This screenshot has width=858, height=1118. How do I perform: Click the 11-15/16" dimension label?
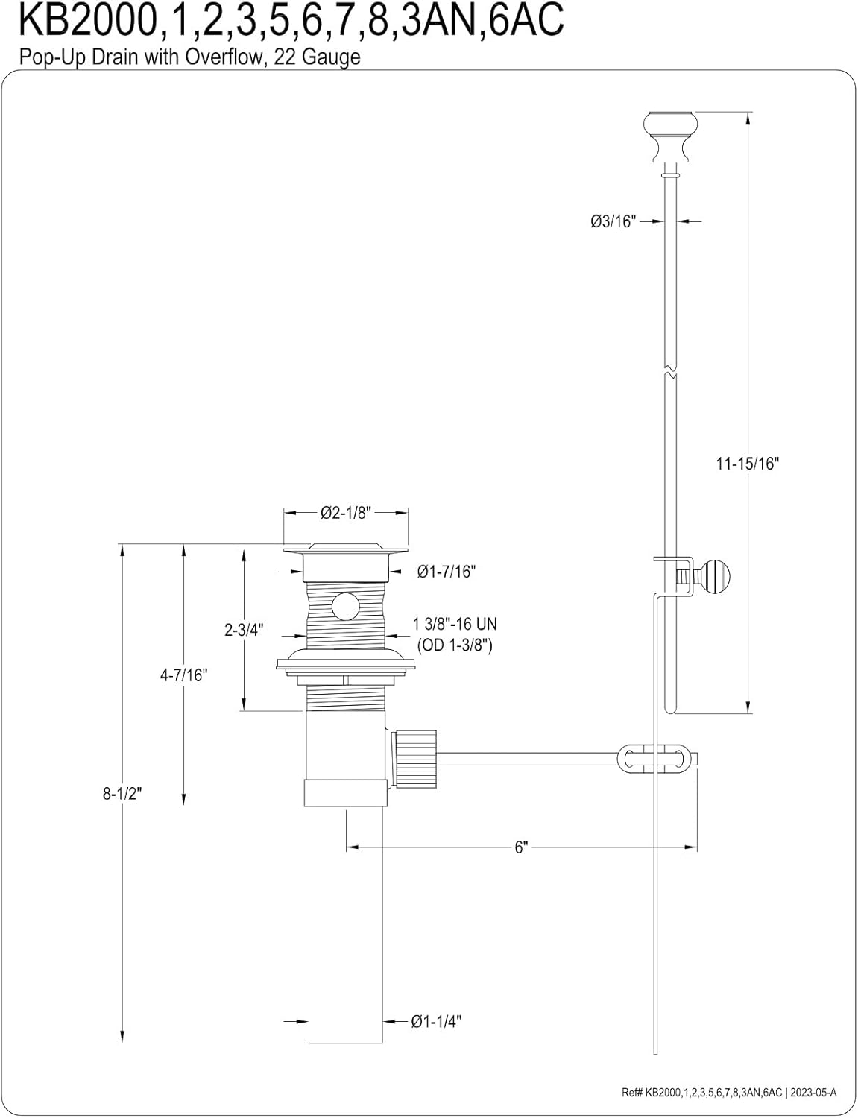[748, 464]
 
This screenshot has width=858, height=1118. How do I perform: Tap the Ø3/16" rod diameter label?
[613, 221]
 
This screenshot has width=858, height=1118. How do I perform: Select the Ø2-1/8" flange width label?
[346, 513]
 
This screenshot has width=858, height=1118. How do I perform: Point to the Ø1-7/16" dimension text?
[447, 572]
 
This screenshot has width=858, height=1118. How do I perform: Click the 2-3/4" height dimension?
[244, 630]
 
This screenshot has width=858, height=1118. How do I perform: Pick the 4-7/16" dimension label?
[183, 675]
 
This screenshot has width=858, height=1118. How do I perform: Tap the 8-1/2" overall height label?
[122, 794]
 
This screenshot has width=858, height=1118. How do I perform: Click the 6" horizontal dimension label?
[522, 847]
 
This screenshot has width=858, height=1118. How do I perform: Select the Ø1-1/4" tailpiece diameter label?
[436, 1021]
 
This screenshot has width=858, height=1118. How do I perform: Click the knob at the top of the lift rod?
[671, 136]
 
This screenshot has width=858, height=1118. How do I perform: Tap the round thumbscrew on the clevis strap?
[713, 575]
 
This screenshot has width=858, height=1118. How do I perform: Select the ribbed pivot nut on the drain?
[415, 759]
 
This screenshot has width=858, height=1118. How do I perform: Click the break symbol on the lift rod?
[671, 372]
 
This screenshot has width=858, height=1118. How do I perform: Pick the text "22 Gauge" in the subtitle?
[317, 57]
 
